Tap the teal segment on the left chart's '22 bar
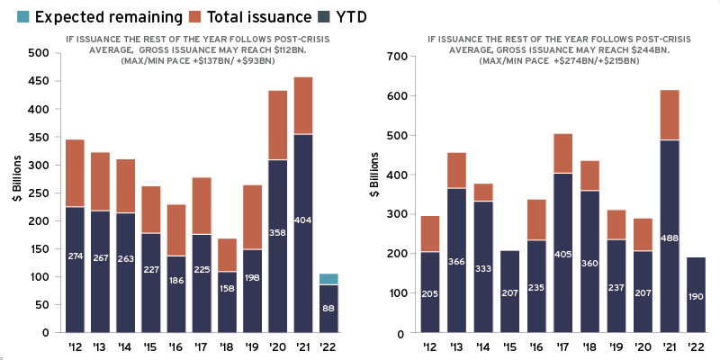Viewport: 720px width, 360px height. [328, 279]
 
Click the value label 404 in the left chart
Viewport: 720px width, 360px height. [303, 220]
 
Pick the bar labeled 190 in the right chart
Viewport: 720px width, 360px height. [695, 297]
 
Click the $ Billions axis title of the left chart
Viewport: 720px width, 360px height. [16, 193]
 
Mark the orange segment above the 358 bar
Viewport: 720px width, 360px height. [278, 125]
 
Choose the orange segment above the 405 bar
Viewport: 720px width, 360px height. [563, 153]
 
